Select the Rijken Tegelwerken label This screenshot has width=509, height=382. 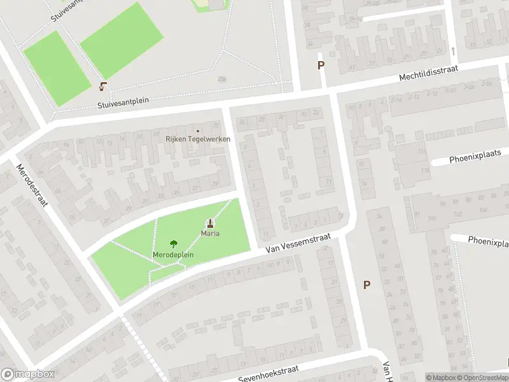pyautogui.click(x=198, y=139)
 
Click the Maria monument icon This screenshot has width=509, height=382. pyautogui.click(x=210, y=223)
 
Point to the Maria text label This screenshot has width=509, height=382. pyautogui.click(x=211, y=234)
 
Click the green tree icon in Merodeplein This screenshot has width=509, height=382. pyautogui.click(x=173, y=244)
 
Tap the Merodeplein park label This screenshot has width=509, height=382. pyautogui.click(x=173, y=255)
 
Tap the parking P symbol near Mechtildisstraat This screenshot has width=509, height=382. pyautogui.click(x=321, y=65)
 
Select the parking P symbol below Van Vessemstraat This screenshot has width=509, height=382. pyautogui.click(x=366, y=285)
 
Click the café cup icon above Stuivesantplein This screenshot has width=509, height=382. pyautogui.click(x=103, y=86)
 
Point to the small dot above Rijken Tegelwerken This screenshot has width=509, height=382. pyautogui.click(x=198, y=131)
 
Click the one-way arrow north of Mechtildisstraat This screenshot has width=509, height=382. pyautogui.click(x=452, y=51)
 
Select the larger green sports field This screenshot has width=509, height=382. pyautogui.click(x=118, y=40)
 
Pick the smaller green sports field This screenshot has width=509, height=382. pyautogui.click(x=57, y=68)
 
